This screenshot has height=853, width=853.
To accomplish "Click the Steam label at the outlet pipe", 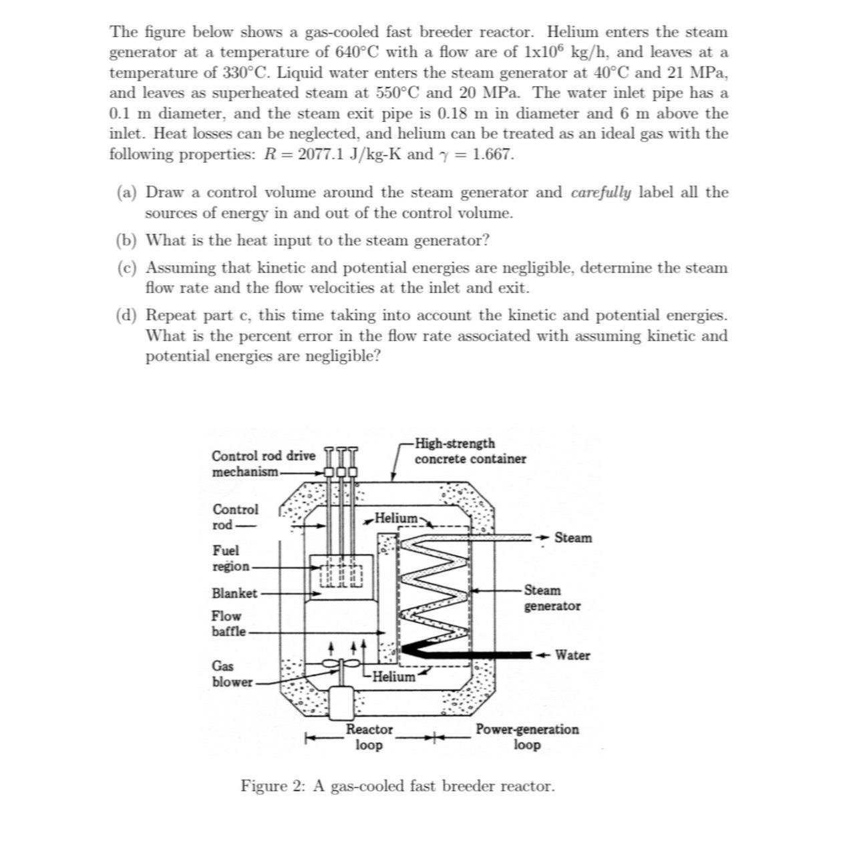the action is [x=572, y=538].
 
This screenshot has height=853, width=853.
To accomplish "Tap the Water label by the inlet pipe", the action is [x=572, y=655].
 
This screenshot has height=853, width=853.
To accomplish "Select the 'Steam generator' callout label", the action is [x=552, y=598].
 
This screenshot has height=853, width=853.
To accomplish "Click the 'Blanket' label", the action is [x=234, y=593].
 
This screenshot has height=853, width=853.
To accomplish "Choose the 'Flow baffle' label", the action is [x=228, y=623].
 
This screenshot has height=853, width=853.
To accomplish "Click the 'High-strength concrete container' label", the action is [x=470, y=451].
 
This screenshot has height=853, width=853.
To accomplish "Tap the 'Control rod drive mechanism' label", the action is [x=263, y=464].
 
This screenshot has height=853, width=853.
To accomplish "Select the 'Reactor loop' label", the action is [x=369, y=737].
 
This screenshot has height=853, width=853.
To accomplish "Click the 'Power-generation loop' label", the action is [x=527, y=737].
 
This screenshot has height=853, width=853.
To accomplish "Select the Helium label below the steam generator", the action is [x=393, y=677].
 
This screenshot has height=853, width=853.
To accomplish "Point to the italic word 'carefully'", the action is [x=601, y=192].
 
